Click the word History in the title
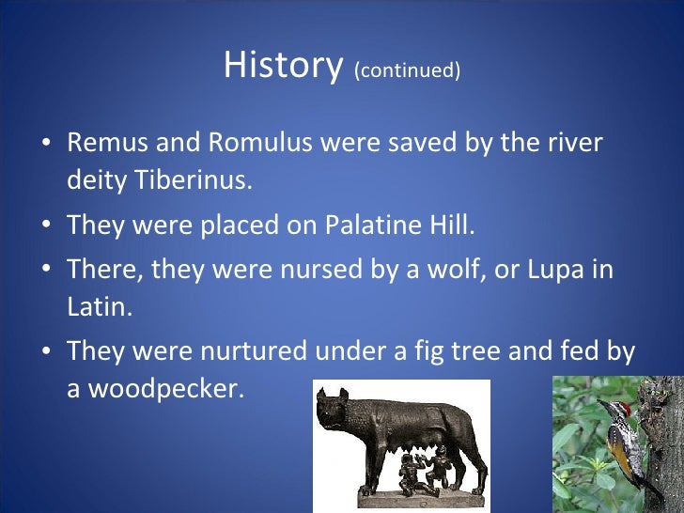pos(283,66)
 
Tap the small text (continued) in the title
pos(407,70)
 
